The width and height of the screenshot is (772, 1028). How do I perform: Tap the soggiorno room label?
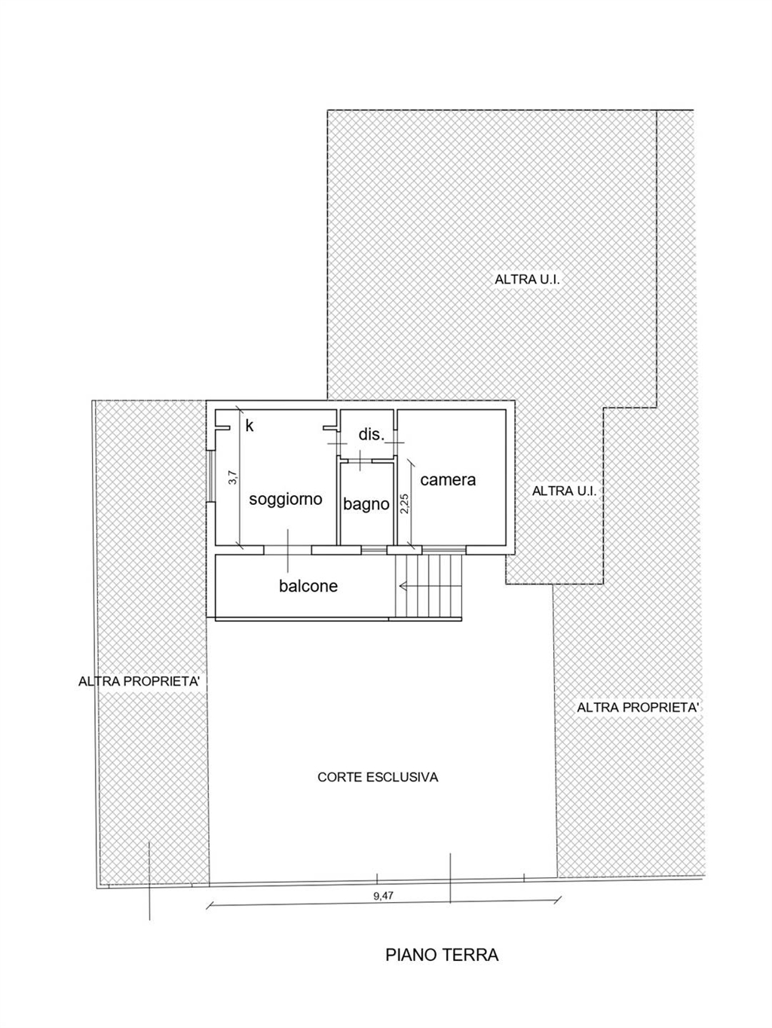coord(285,500)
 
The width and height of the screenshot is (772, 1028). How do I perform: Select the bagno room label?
coord(366,504)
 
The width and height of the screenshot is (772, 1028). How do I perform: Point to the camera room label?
coord(448,479)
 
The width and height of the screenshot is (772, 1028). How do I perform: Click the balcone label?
coord(308,586)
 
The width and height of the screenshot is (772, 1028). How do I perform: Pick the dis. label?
coord(372,434)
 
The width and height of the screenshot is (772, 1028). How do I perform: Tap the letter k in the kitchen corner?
coord(250,426)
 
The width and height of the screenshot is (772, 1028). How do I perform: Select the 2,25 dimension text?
coord(405,504)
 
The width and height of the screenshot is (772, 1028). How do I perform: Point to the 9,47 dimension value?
coord(383,895)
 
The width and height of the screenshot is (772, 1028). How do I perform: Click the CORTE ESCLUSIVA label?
coord(378,777)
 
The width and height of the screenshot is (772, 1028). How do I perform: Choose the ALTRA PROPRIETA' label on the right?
coord(638,707)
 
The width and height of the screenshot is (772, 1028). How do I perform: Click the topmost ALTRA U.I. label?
coord(528,280)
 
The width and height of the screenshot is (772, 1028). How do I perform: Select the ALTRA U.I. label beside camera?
coord(565,491)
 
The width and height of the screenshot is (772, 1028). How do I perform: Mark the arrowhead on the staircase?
coord(402,585)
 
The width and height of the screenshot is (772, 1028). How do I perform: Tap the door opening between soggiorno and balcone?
coord(288,550)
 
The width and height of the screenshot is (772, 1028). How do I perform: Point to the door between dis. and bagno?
coord(360,460)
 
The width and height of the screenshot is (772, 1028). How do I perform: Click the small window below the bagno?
coord(374,550)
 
